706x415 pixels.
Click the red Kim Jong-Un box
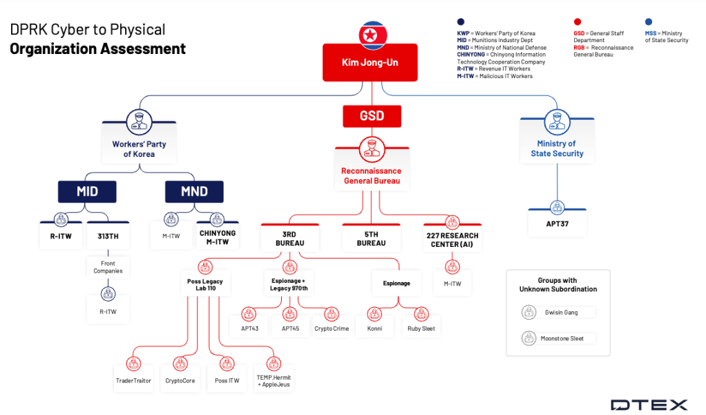(x=370, y=62)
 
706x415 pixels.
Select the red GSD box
(x=371, y=116)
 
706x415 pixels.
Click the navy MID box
(x=87, y=192)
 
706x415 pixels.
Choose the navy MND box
(x=194, y=192)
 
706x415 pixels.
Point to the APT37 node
(x=557, y=223)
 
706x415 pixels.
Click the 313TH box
(x=108, y=235)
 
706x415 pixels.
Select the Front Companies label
(x=108, y=267)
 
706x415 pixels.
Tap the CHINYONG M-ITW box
(x=217, y=237)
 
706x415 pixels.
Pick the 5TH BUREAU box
(x=371, y=239)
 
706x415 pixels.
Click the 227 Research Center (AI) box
(x=452, y=239)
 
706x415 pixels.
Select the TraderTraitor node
(x=133, y=380)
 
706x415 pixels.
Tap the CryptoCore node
(x=180, y=380)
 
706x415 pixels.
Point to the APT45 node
(x=291, y=329)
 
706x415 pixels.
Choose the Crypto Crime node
(x=332, y=329)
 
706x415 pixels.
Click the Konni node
(x=374, y=329)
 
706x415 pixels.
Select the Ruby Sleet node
(x=421, y=329)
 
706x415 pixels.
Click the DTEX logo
(x=649, y=405)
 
